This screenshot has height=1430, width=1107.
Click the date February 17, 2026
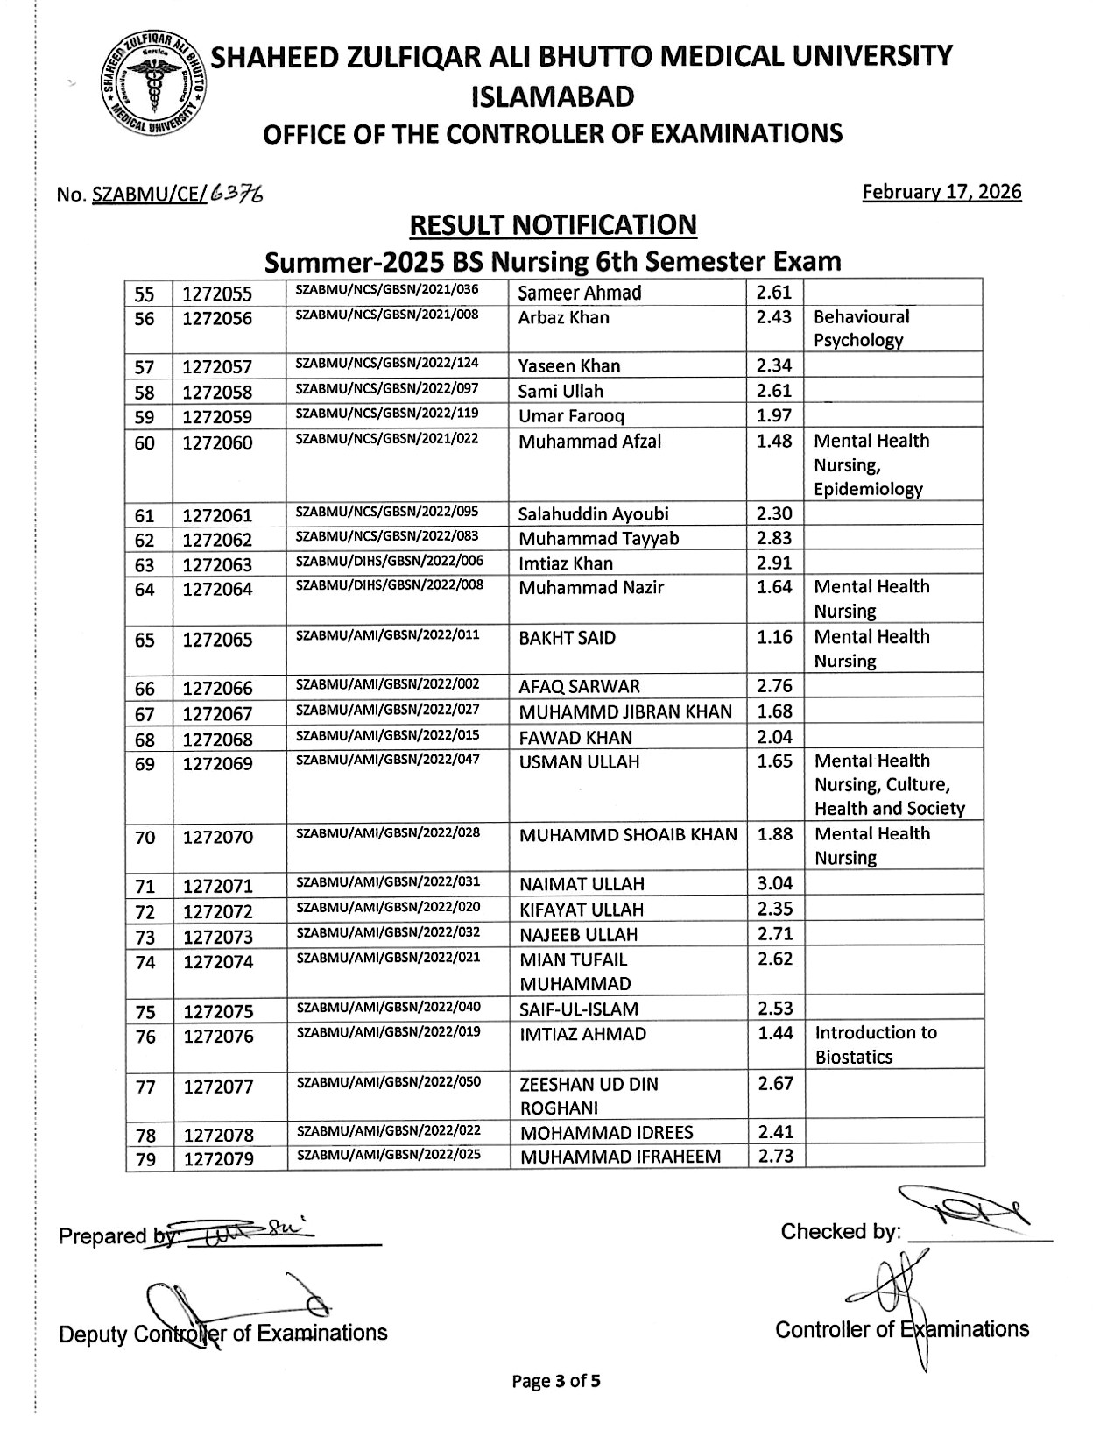pos(941,192)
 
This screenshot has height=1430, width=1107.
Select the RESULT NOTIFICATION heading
pos(553,225)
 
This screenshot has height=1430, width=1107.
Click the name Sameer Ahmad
pos(580,293)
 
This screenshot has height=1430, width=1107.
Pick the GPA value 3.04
pos(774,882)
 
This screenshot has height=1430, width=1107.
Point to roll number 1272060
pos(217,442)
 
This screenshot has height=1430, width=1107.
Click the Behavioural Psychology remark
pos(862,329)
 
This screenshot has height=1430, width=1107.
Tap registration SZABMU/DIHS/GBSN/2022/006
pos(390,561)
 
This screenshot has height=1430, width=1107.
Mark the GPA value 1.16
pos(774,637)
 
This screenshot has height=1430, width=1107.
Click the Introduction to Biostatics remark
pos(875,1044)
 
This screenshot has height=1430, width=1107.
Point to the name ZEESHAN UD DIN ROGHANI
pos(589,1095)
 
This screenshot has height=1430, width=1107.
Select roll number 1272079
pos(218,1159)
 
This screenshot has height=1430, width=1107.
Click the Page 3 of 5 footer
pos(556,1382)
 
